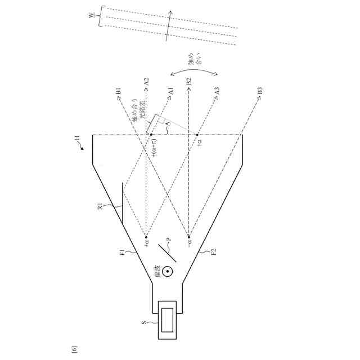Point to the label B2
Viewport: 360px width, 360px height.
point(189,81)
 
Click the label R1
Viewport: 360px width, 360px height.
point(100,208)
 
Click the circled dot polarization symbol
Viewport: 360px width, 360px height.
point(168,271)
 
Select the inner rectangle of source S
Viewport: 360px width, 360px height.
point(168,321)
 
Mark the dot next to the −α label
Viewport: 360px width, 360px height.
point(190,237)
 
